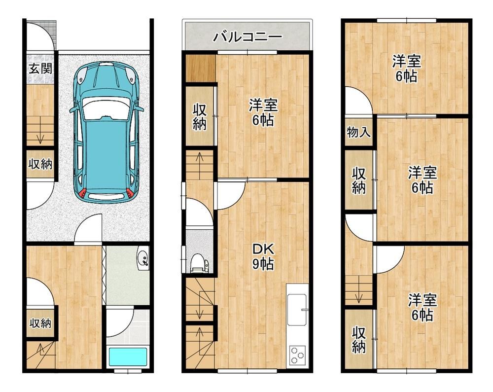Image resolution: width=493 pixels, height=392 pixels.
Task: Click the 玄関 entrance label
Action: tap(40, 68)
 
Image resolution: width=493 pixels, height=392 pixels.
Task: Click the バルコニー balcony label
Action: tap(247, 37)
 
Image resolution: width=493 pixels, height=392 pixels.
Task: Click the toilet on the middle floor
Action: tap(199, 262)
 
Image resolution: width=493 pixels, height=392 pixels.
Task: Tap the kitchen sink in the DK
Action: tap(297, 310)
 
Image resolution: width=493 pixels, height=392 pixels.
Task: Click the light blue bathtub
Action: tap(128, 357)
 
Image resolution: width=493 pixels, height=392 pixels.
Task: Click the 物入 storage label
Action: tap(359, 132)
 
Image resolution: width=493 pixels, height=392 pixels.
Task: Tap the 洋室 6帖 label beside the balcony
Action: tap(263, 112)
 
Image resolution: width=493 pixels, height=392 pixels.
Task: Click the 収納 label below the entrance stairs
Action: tap(40, 164)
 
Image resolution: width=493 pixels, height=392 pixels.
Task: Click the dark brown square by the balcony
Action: tap(200, 68)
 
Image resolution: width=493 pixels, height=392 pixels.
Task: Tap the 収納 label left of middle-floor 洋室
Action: tap(200, 117)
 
